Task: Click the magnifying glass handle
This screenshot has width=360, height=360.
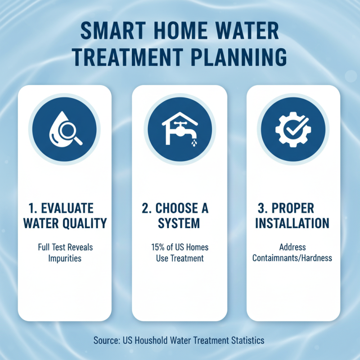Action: pos(78,140)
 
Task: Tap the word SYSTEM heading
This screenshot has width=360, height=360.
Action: pos(179,223)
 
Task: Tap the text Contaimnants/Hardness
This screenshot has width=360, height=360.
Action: pos(292,258)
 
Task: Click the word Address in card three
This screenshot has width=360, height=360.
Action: pos(292,247)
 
